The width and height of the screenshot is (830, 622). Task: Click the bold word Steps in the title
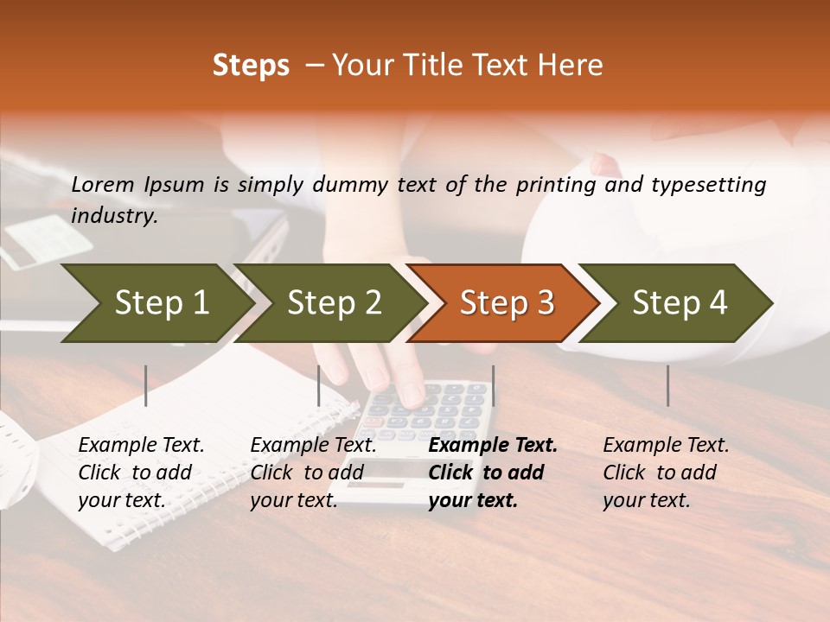tap(251, 66)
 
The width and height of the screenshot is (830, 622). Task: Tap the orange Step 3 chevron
tap(507, 303)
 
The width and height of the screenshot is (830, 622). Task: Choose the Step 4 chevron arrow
tap(680, 303)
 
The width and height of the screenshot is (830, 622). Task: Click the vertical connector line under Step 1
tap(146, 385)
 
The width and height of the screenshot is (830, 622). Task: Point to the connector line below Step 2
tap(319, 385)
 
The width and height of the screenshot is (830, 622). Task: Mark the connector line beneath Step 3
tap(493, 385)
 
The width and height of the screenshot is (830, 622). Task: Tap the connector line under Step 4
tap(667, 385)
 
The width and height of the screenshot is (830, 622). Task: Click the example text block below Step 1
tap(141, 473)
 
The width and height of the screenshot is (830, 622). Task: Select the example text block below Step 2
tap(313, 473)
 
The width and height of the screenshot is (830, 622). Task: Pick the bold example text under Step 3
tap(493, 473)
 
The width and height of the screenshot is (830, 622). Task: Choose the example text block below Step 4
tap(666, 473)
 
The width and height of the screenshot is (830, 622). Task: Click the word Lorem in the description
tap(103, 185)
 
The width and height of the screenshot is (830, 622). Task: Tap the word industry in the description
tap(114, 216)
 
